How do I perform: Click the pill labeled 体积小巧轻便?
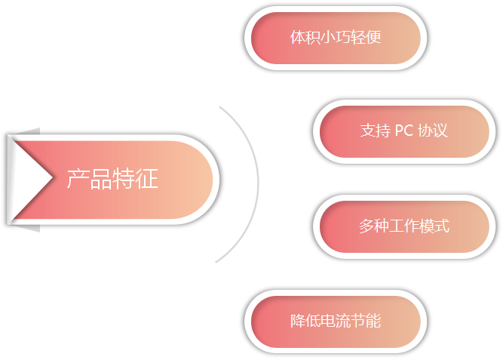pyautogui.click(x=336, y=38)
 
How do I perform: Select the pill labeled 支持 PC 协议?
pyautogui.click(x=403, y=131)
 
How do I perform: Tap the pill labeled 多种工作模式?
pyautogui.click(x=403, y=226)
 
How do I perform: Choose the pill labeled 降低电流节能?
pyautogui.click(x=336, y=321)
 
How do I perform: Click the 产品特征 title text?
pyautogui.click(x=112, y=179)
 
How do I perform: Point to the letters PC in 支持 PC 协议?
pyautogui.click(x=403, y=131)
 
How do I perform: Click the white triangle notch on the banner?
pyautogui.click(x=32, y=177)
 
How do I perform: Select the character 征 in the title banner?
pyautogui.click(x=147, y=179)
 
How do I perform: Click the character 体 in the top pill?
pyautogui.click(x=298, y=38)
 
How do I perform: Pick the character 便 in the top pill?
pyautogui.click(x=373, y=38)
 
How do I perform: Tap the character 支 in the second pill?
pyautogui.click(x=367, y=131)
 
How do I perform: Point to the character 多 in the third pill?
pyautogui.click(x=366, y=226)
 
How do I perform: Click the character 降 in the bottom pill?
pyautogui.click(x=298, y=321)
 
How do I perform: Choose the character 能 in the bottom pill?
pyautogui.click(x=373, y=321)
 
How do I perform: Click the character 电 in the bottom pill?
pyautogui.click(x=328, y=321)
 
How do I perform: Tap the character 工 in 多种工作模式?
pyautogui.click(x=396, y=226)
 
